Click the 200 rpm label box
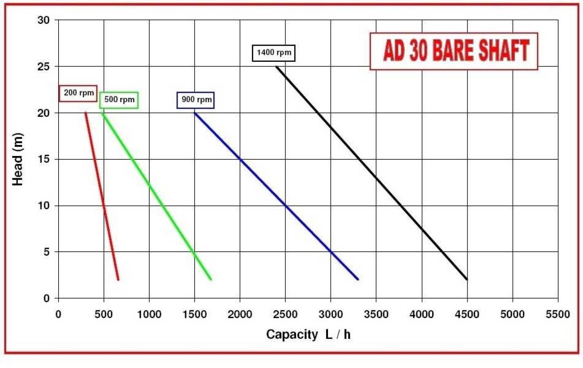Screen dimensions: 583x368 click(x=78, y=93)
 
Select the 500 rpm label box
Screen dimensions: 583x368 click(x=119, y=100)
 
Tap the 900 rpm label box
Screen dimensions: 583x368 click(x=196, y=100)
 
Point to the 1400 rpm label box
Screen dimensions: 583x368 click(x=274, y=53)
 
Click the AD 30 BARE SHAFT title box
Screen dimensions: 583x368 click(x=454, y=51)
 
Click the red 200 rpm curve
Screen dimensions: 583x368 click(x=102, y=196)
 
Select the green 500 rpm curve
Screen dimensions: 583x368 click(x=156, y=196)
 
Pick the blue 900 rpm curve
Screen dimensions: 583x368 click(x=276, y=196)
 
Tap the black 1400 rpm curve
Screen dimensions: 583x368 click(x=372, y=173)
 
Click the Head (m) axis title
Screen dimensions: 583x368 click(x=18, y=159)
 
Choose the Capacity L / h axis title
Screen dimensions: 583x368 click(x=308, y=335)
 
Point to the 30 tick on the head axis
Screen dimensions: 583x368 click(x=43, y=20)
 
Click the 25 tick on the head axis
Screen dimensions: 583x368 click(x=43, y=67)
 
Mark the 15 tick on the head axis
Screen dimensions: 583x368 click(x=43, y=159)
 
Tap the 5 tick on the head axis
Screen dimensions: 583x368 click(x=46, y=252)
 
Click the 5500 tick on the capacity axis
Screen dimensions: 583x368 click(x=558, y=315)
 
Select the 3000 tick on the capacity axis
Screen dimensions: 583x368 click(x=331, y=315)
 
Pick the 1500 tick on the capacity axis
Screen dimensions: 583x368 click(x=195, y=315)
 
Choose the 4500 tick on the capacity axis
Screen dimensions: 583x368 click(x=467, y=315)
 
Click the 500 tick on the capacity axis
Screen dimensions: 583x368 click(x=104, y=315)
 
